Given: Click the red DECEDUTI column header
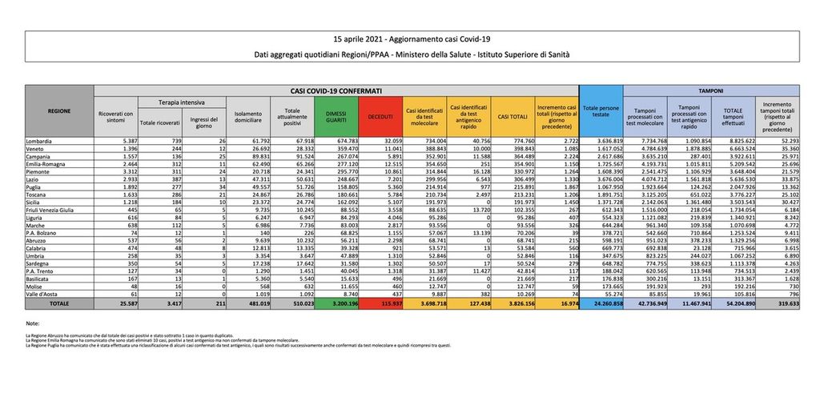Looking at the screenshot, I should pos(380,117).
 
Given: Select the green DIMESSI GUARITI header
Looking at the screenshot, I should pos(336,117).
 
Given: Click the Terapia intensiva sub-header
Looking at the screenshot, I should pos(183,103).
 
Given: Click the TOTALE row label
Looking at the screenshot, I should pos(58,305).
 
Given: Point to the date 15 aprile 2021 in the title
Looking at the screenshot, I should pos(362,38).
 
